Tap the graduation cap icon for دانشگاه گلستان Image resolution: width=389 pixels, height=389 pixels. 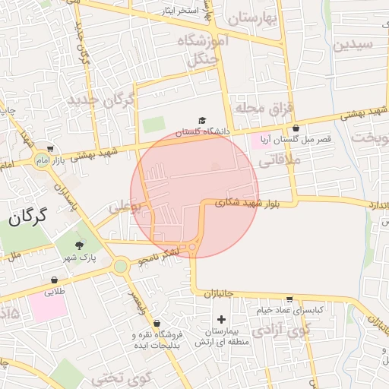pos(202,120)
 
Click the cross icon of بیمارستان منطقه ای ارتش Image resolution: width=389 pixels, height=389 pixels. pos(221,320)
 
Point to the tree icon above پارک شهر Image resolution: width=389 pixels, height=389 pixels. pos(80,245)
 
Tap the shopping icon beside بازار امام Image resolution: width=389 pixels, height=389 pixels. pos(50,149)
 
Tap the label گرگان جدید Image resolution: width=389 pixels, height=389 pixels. pos(100,100)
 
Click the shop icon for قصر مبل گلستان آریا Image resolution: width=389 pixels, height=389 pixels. pos(295,128)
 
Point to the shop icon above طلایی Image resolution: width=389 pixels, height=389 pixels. pos(55,279)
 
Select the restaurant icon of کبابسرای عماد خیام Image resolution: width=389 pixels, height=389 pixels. pos(289,299)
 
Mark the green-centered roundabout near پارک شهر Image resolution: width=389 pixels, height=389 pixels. pos(120,266)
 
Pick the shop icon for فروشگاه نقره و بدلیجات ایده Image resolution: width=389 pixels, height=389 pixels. pos(157,323)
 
